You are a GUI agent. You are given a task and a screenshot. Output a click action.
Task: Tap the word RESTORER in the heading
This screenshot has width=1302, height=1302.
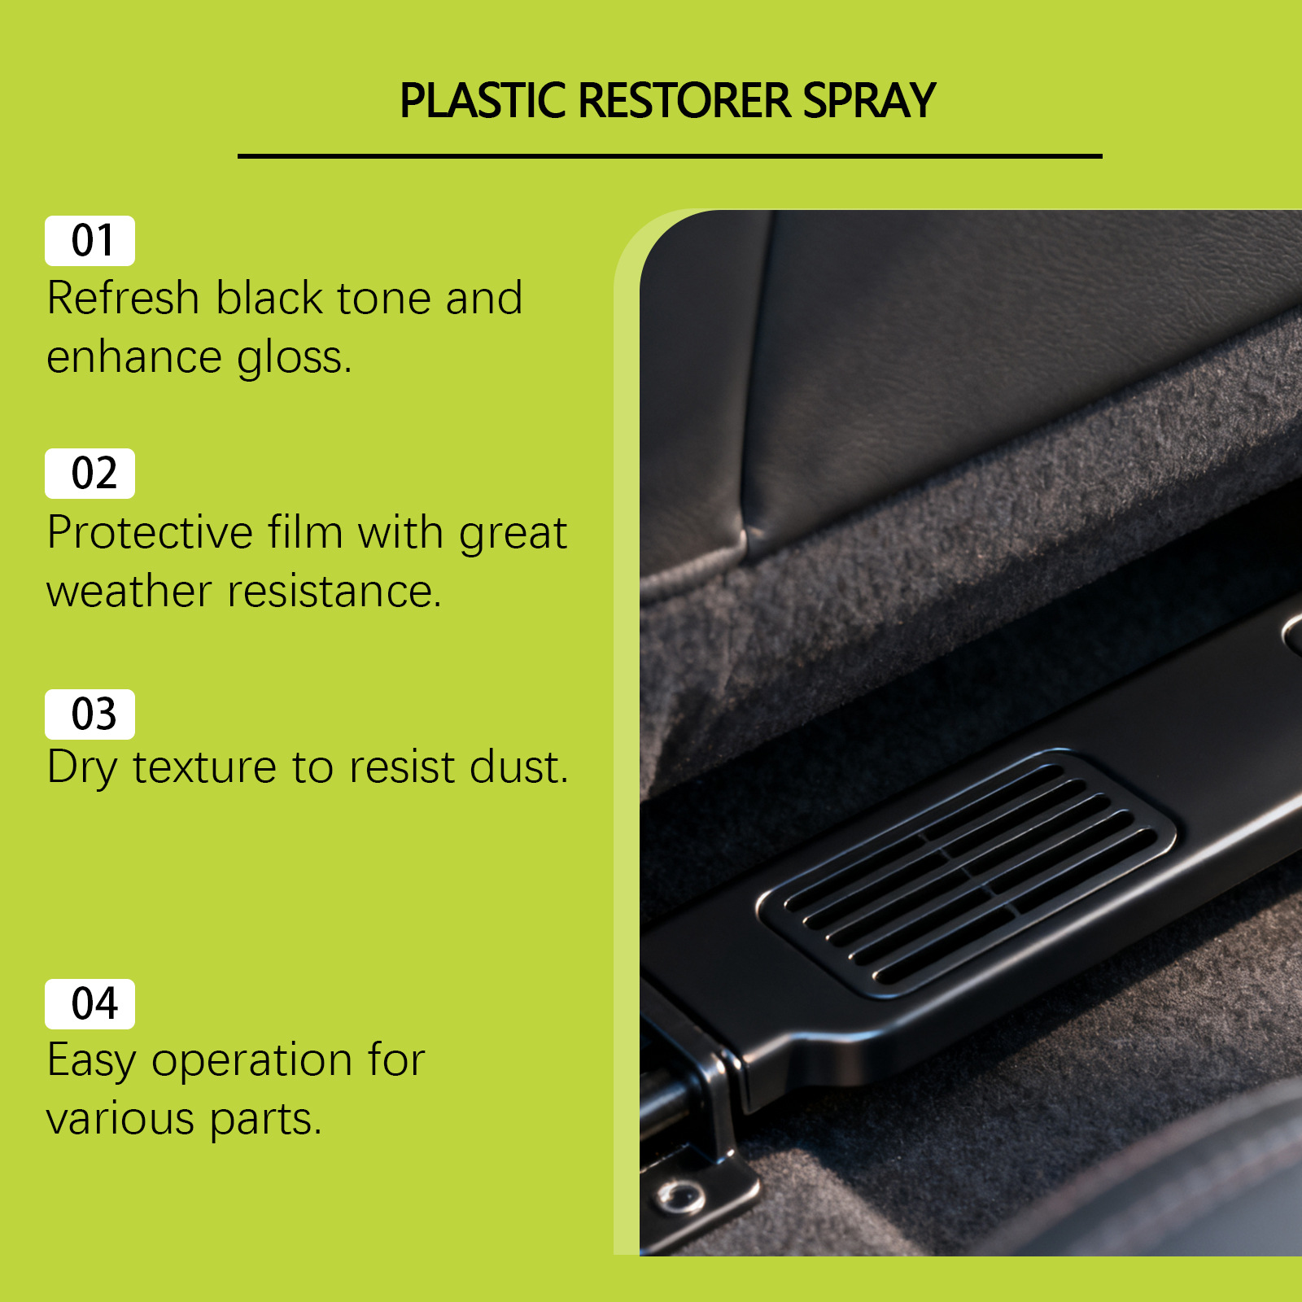point(685,101)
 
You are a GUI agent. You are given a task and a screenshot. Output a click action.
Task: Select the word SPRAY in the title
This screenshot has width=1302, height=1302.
point(870,101)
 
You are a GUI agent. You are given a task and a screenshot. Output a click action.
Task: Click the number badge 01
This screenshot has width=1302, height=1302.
point(90,241)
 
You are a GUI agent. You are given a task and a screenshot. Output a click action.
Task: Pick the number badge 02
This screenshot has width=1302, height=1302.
point(90,474)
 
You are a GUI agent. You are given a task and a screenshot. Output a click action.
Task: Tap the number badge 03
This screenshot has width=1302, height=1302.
point(90,714)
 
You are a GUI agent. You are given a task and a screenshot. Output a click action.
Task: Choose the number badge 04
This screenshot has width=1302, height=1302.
point(90,1004)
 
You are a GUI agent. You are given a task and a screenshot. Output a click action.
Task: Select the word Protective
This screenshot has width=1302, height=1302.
point(151,533)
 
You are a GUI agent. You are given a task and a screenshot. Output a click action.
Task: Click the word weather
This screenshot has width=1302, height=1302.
point(129,592)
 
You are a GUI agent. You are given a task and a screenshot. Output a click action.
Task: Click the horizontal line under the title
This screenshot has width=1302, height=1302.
point(670,155)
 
